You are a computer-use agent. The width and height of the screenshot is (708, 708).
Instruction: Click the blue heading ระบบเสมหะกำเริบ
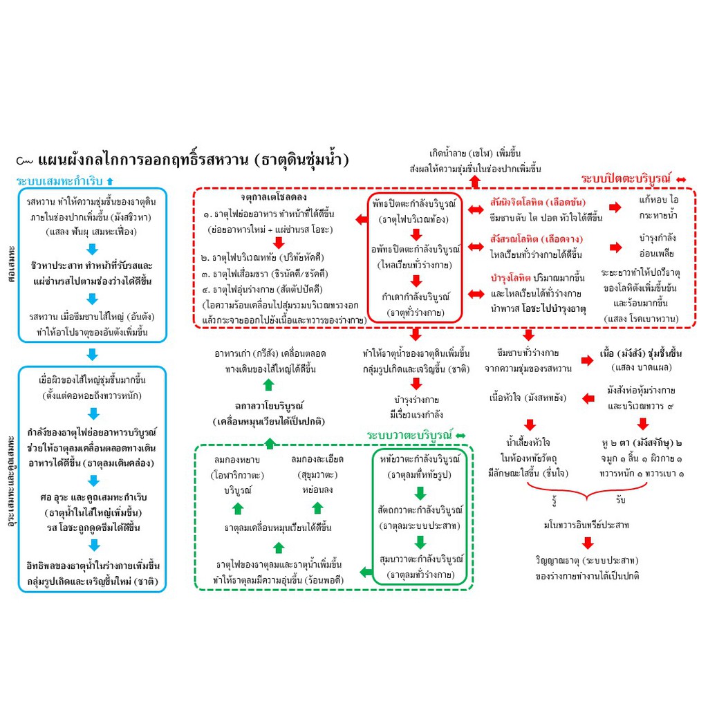(59, 181)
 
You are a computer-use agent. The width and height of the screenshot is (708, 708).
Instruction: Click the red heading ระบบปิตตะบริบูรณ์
(626, 179)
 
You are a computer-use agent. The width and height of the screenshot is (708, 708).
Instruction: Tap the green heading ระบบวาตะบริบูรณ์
(409, 436)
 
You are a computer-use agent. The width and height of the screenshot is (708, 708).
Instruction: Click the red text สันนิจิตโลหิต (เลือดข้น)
(538, 203)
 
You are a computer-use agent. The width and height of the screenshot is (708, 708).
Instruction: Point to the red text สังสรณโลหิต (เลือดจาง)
(537, 239)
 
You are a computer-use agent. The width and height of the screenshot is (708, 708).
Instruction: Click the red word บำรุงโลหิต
(510, 278)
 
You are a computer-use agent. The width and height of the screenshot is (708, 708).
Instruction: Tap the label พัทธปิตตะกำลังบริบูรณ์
(415, 204)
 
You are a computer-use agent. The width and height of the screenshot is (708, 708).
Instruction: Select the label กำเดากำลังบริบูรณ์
(416, 297)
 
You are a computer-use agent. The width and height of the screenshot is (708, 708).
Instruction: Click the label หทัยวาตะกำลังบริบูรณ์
(420, 459)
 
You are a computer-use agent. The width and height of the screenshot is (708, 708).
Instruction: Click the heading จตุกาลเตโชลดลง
(274, 197)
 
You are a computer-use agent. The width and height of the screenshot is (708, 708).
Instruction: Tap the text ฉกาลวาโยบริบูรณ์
(269, 405)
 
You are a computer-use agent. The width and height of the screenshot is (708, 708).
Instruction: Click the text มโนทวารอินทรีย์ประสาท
(586, 525)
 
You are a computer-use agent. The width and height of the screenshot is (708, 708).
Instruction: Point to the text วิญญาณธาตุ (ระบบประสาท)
(586, 560)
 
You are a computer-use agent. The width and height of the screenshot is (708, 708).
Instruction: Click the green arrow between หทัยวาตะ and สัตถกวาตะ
(420, 493)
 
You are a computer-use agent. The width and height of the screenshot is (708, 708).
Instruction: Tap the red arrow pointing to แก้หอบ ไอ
(615, 207)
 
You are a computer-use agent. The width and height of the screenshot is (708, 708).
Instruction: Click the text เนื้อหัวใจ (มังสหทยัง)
(528, 398)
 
